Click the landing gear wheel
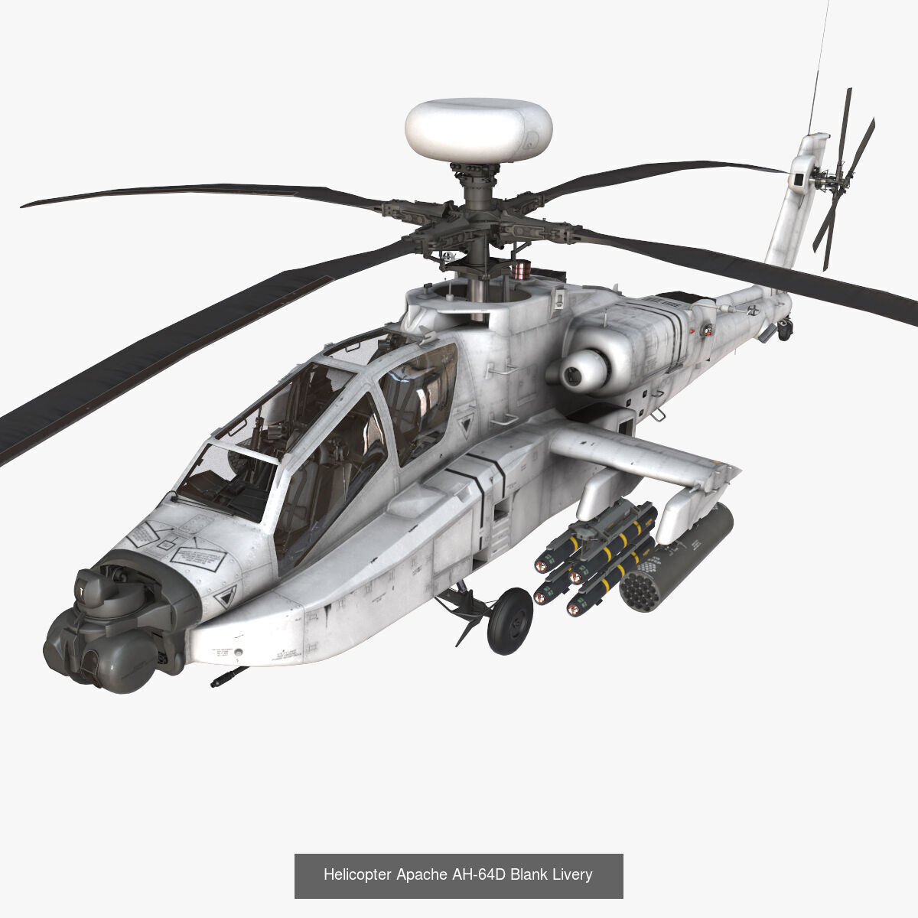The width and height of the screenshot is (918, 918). [x=509, y=620]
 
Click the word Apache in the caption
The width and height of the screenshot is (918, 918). [x=422, y=874]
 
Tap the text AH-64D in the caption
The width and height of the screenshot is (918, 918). [x=480, y=874]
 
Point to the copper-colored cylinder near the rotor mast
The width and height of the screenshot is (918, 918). [x=522, y=269]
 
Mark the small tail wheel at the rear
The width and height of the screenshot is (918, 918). [x=786, y=331]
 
